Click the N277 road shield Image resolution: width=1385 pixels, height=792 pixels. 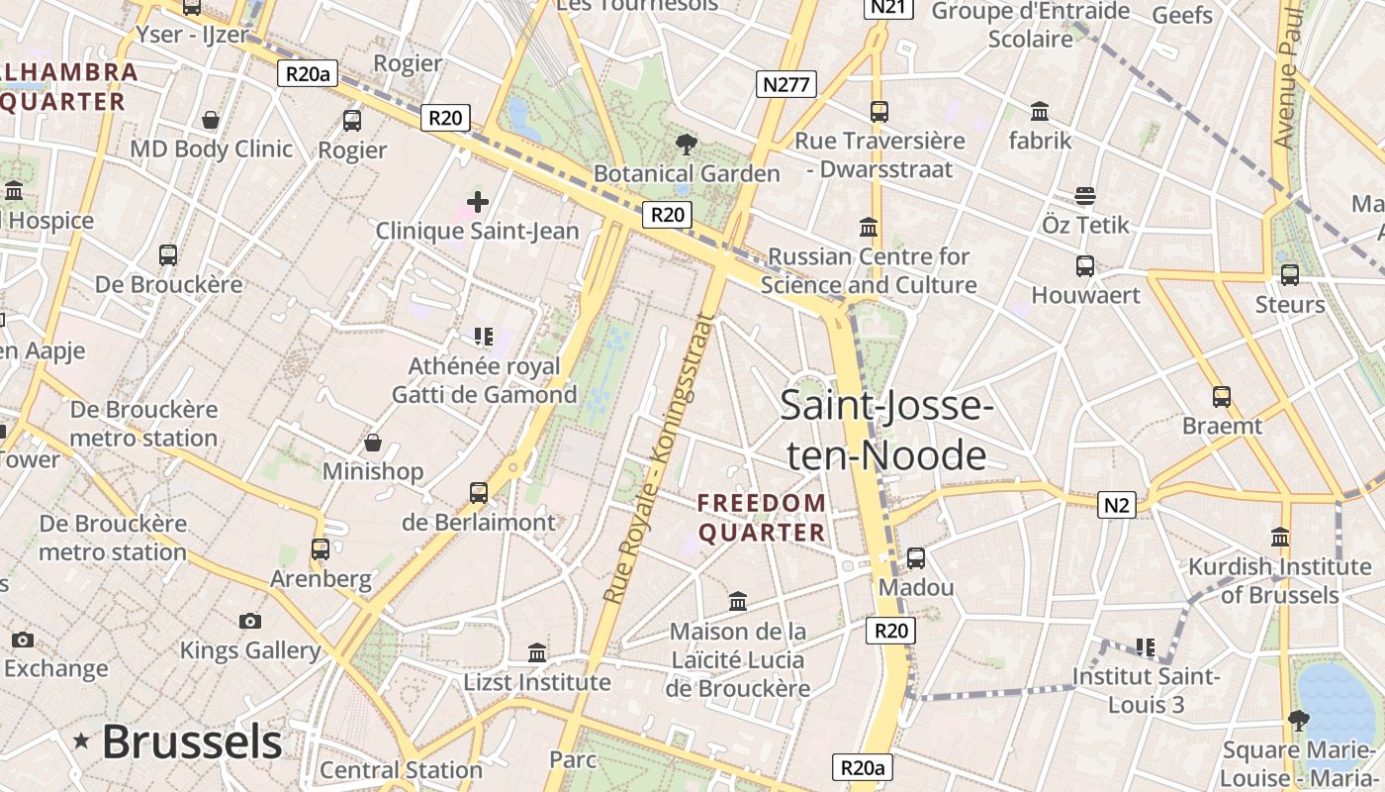coord(787,84)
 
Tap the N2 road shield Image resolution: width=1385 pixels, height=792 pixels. coord(1116,505)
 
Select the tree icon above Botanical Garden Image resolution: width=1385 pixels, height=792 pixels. coord(685,146)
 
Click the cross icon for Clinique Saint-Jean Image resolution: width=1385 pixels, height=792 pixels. coord(478,202)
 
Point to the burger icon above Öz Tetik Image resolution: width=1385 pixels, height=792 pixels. coord(1085,196)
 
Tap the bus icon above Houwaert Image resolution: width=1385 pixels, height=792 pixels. coord(1085,266)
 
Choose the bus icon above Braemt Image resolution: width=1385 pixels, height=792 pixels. coord(1222,397)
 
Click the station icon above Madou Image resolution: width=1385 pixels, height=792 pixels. coord(916,558)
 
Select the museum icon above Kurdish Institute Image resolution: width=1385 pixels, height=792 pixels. coord(1280,538)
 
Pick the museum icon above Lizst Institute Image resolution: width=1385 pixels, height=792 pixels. coord(537,652)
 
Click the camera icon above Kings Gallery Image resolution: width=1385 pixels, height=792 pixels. coord(250,621)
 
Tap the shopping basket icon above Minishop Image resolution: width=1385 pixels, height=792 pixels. coord(373,442)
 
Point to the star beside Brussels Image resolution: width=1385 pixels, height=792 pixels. coord(81,741)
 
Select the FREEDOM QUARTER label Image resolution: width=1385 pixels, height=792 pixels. coord(762,518)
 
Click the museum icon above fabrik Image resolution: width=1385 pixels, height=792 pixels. coord(1040,111)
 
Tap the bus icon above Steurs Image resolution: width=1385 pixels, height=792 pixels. coord(1289,275)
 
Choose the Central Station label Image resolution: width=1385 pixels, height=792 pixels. coord(401,769)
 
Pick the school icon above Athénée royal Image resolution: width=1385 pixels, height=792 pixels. coord(483,337)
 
